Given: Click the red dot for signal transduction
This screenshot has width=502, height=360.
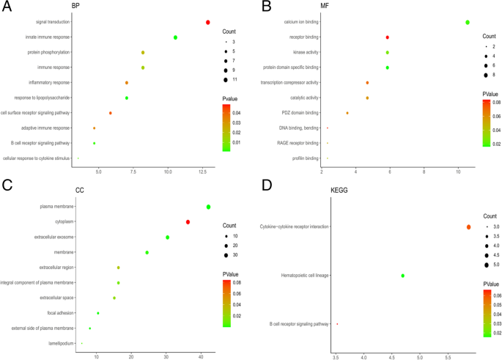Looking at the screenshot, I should pos(208,22).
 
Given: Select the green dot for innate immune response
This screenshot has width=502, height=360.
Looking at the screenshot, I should pos(176,37).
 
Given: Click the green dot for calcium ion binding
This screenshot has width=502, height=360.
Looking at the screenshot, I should pos(468,22).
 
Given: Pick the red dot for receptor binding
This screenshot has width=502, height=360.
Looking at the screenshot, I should pos(388,37).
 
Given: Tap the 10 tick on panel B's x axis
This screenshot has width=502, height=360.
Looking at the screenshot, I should pos(458,171).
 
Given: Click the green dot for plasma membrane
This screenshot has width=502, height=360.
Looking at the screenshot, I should pos(209,207).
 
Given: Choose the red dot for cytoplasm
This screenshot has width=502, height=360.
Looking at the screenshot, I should pos(188,222).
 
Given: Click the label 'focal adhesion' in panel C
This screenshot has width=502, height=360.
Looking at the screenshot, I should pos(59,313).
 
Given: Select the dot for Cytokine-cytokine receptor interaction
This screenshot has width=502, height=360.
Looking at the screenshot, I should pos(469,227).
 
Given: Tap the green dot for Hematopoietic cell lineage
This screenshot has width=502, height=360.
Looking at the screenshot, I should pos(403,276).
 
